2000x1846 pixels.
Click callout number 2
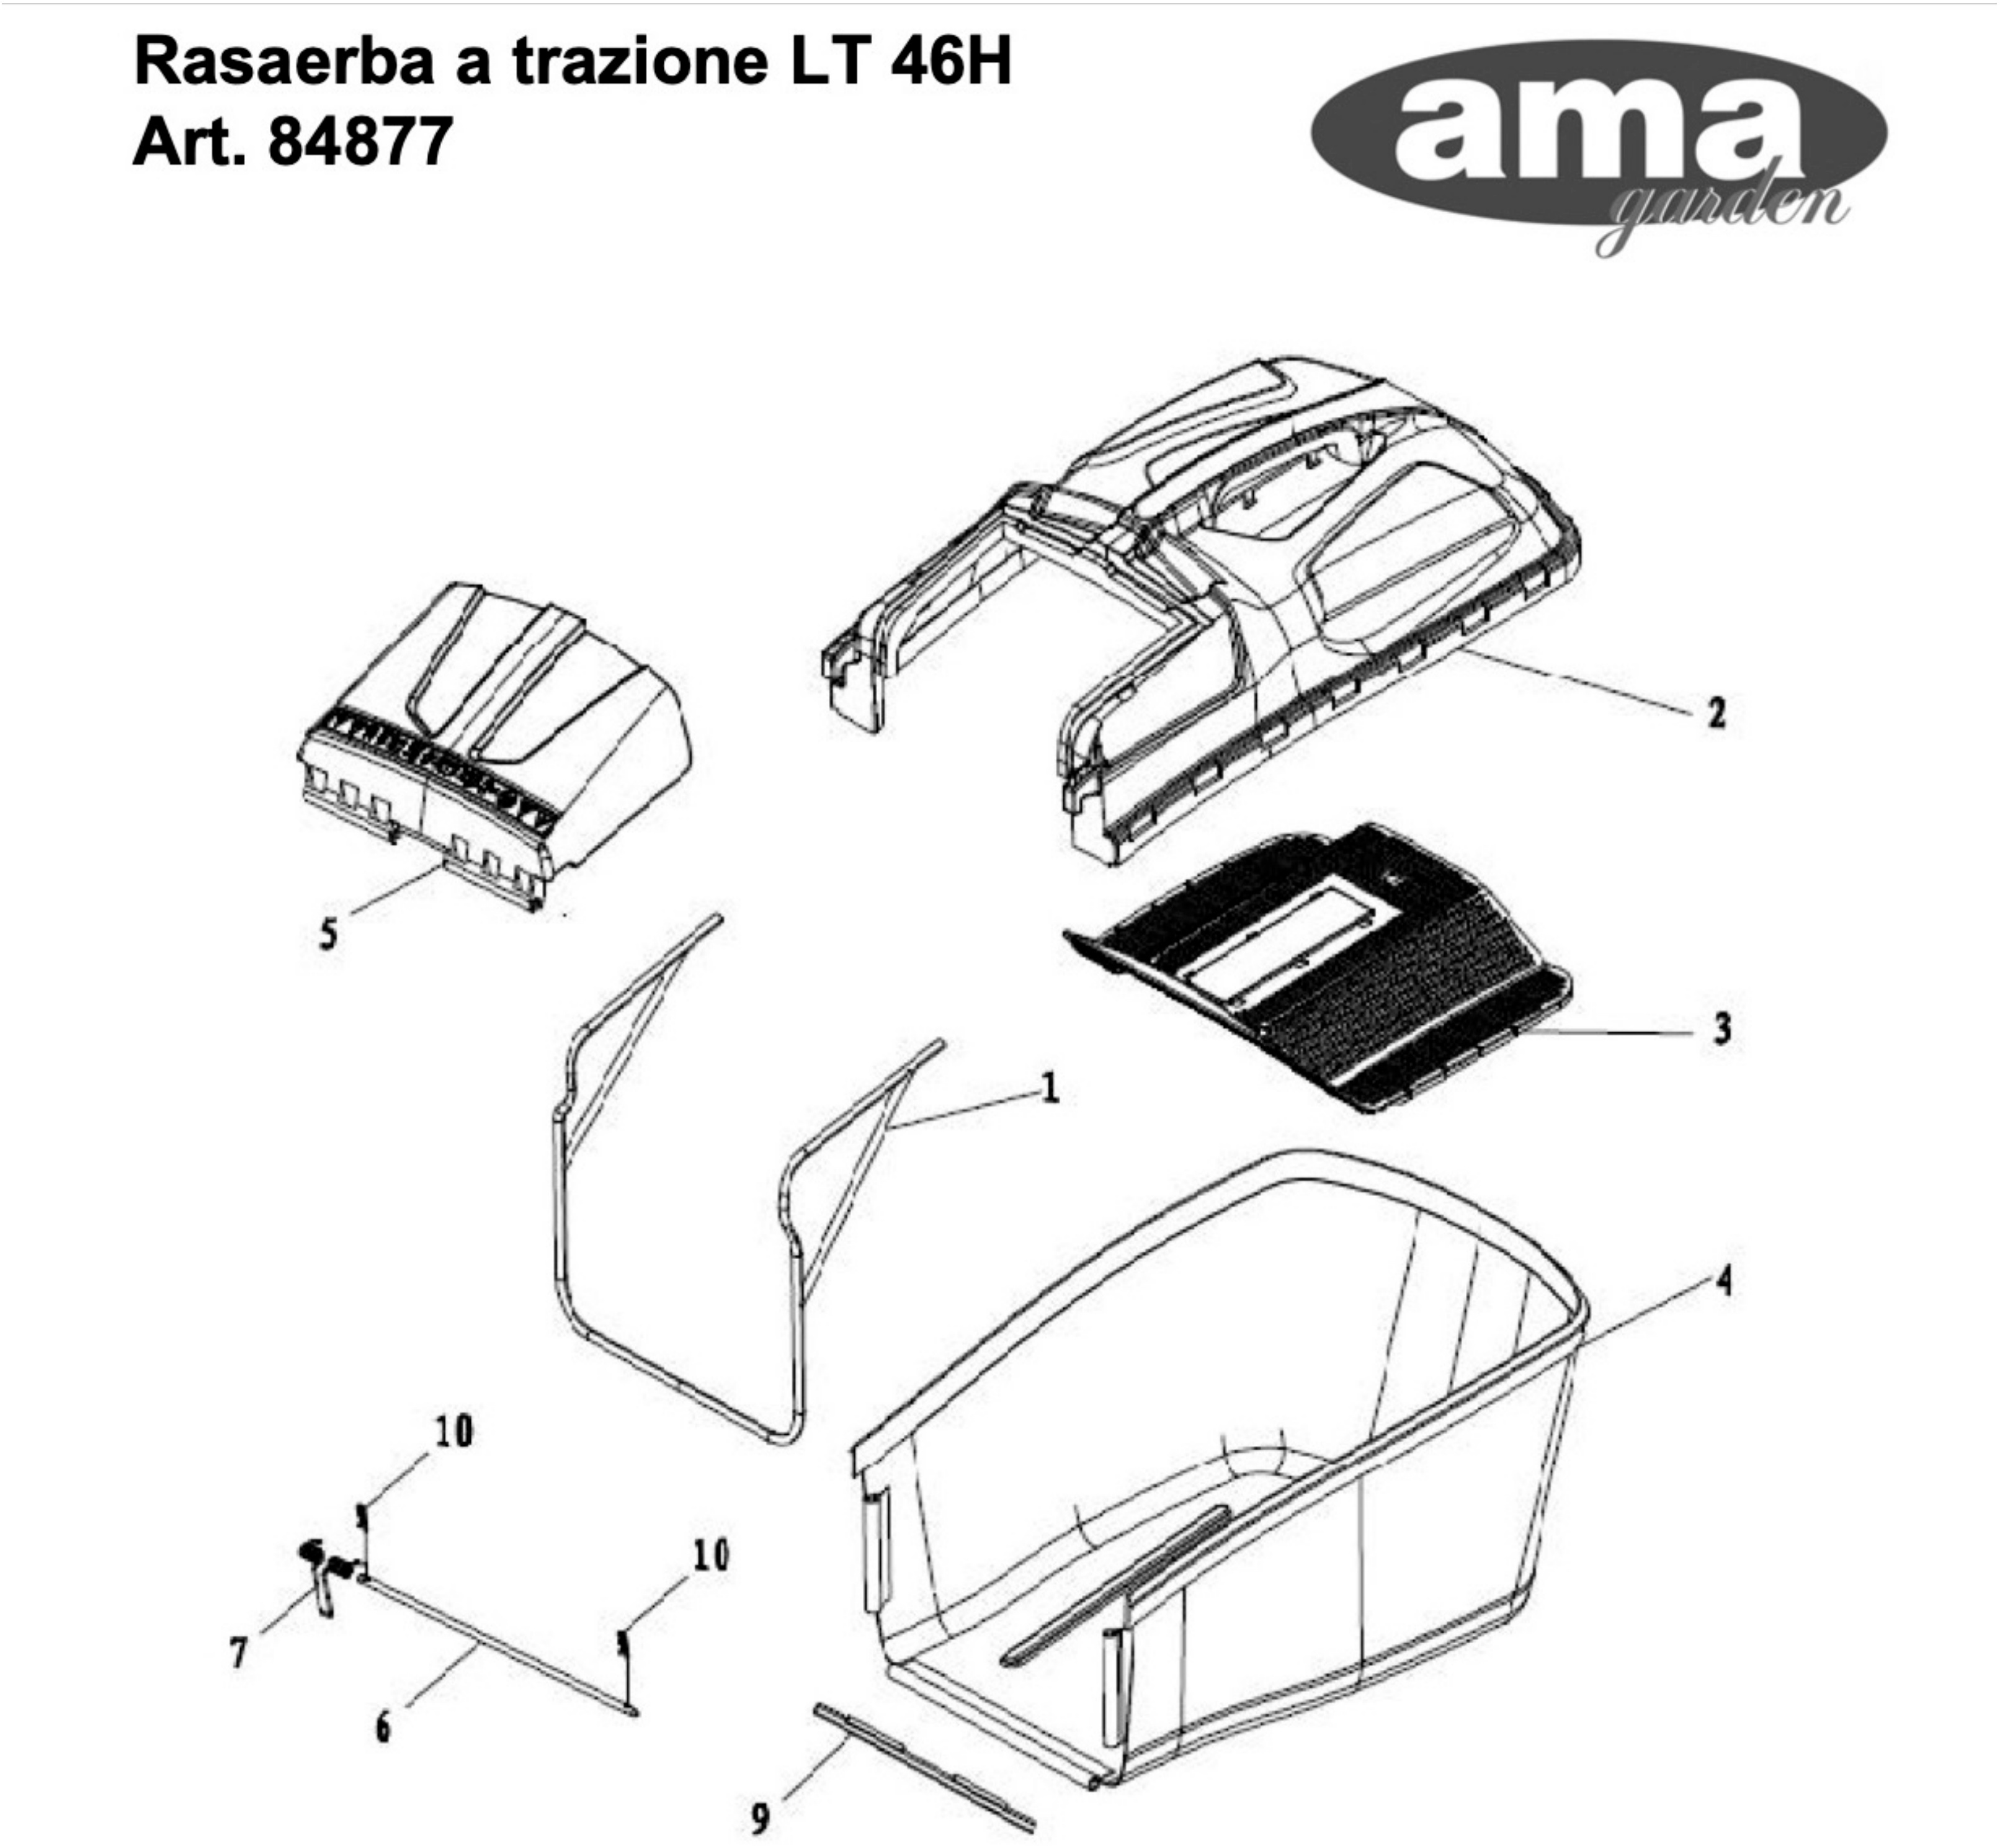(1715, 713)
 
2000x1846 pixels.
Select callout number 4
(1723, 1282)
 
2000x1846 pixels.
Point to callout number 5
(328, 934)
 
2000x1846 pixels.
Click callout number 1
(1049, 1088)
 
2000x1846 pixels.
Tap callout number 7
(238, 1653)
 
